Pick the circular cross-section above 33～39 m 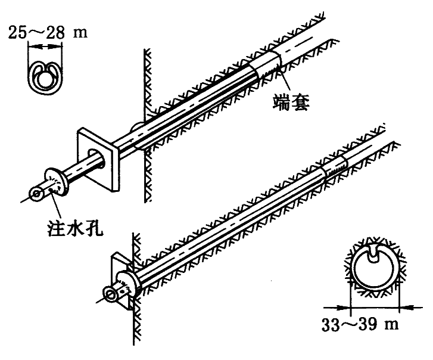coord(374,270)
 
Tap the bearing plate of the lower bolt coord(120,280)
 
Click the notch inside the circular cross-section coord(375,255)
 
